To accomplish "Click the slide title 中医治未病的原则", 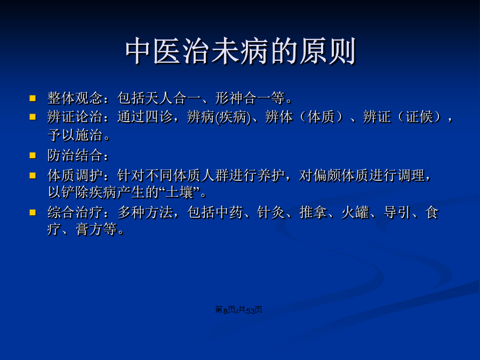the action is pyautogui.click(x=241, y=51).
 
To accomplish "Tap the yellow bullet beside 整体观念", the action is pyautogui.click(x=33, y=98).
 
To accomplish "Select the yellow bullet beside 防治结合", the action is pyautogui.click(x=33, y=156).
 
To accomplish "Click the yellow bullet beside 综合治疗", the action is pyautogui.click(x=33, y=212).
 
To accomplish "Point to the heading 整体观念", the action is pyautogui.click(x=75, y=98).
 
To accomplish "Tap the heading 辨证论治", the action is pyautogui.click(x=75, y=117).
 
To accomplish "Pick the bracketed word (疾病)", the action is pyautogui.click(x=233, y=117).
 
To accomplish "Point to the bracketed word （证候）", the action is pyautogui.click(x=419, y=117).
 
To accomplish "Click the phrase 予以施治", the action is pyautogui.click(x=75, y=135).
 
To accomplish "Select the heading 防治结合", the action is pyautogui.click(x=75, y=155).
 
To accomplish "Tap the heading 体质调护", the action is pyautogui.click(x=75, y=175).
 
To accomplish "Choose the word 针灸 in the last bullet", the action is pyautogui.click(x=271, y=212).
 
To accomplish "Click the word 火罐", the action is pyautogui.click(x=355, y=212).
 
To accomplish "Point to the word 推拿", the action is pyautogui.click(x=313, y=212).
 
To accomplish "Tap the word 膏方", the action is pyautogui.click(x=90, y=229).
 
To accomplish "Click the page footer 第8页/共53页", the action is pyautogui.click(x=238, y=310).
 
